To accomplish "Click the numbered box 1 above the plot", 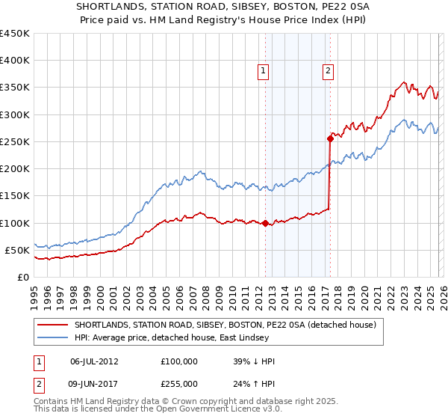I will pyautogui.click(x=264, y=72).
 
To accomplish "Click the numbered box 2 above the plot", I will pyautogui.click(x=329, y=72).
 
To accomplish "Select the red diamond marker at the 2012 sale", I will pyautogui.click(x=265, y=222).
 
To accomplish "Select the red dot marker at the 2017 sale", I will pyautogui.click(x=330, y=138).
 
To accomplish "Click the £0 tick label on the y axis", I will pyautogui.click(x=22, y=277).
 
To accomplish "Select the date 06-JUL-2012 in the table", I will pyautogui.click(x=94, y=361).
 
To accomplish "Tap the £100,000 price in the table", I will pyautogui.click(x=179, y=361).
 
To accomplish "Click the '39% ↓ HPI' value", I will pyautogui.click(x=254, y=361).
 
